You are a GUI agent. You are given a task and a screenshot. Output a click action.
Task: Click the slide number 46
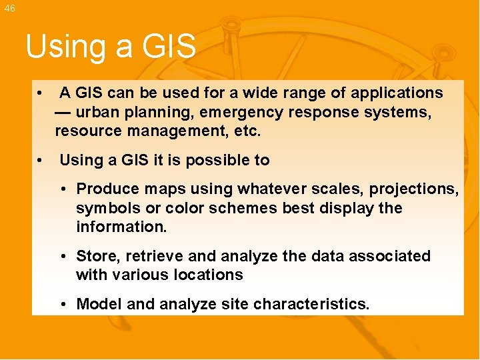[x=9, y=8]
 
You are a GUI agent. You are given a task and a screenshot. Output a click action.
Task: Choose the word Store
[x=95, y=256]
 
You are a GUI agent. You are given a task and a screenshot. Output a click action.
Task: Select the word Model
[x=99, y=305]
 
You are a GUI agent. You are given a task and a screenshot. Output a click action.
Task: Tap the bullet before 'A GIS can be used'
[x=41, y=93]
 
